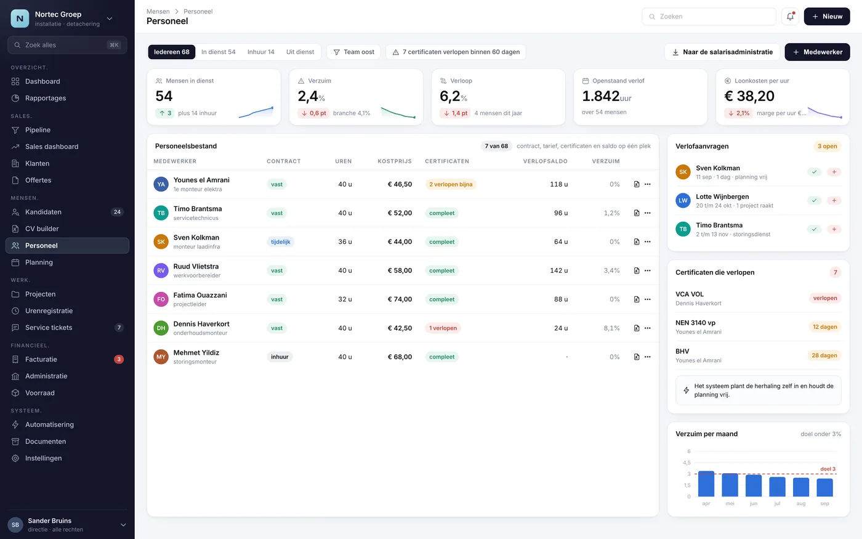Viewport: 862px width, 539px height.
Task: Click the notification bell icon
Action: pyautogui.click(x=790, y=17)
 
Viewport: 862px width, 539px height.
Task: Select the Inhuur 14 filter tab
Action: pyautogui.click(x=260, y=52)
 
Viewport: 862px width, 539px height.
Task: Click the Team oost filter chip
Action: pyautogui.click(x=353, y=52)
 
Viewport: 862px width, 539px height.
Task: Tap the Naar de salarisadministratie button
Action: pyautogui.click(x=722, y=52)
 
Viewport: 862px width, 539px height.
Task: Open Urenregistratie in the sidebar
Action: pyautogui.click(x=49, y=310)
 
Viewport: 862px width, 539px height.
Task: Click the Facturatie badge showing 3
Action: pyautogui.click(x=119, y=359)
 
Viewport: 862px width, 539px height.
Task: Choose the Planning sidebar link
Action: pyautogui.click(x=39, y=262)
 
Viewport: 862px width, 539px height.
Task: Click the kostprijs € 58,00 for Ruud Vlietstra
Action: pyautogui.click(x=400, y=270)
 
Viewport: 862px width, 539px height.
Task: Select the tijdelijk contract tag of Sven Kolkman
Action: pyautogui.click(x=280, y=241)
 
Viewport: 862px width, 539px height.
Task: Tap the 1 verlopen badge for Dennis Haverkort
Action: pyautogui.click(x=443, y=328)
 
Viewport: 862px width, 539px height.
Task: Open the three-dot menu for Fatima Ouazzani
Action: pyautogui.click(x=648, y=299)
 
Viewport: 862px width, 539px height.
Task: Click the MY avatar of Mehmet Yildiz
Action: pyautogui.click(x=161, y=357)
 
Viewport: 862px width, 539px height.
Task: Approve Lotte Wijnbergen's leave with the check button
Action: pyautogui.click(x=814, y=200)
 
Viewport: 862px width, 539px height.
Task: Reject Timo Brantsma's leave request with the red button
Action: pyautogui.click(x=834, y=229)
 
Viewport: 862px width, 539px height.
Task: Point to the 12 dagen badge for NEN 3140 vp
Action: pyautogui.click(x=824, y=327)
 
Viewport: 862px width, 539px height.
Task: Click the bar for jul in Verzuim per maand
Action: pyautogui.click(x=777, y=487)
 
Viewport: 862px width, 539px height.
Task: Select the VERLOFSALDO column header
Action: pyautogui.click(x=545, y=161)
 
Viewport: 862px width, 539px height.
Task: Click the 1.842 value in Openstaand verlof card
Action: pyautogui.click(x=600, y=96)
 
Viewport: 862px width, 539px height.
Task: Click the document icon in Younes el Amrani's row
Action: pyautogui.click(x=637, y=184)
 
